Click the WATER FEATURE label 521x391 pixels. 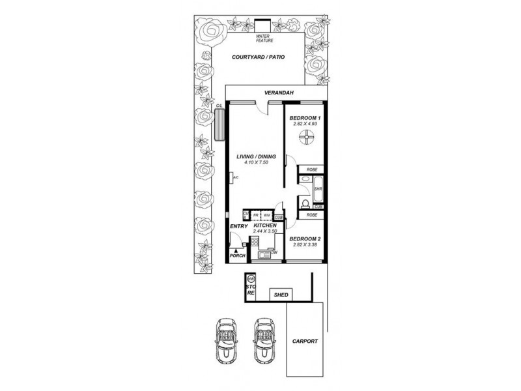pos(263,38)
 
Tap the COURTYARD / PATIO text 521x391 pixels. pos(262,57)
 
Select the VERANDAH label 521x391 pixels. pos(277,93)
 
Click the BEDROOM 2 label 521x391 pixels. pos(305,239)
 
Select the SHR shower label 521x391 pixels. pos(318,190)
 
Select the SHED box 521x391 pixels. pos(282,295)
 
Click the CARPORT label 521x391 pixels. pos(305,341)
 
